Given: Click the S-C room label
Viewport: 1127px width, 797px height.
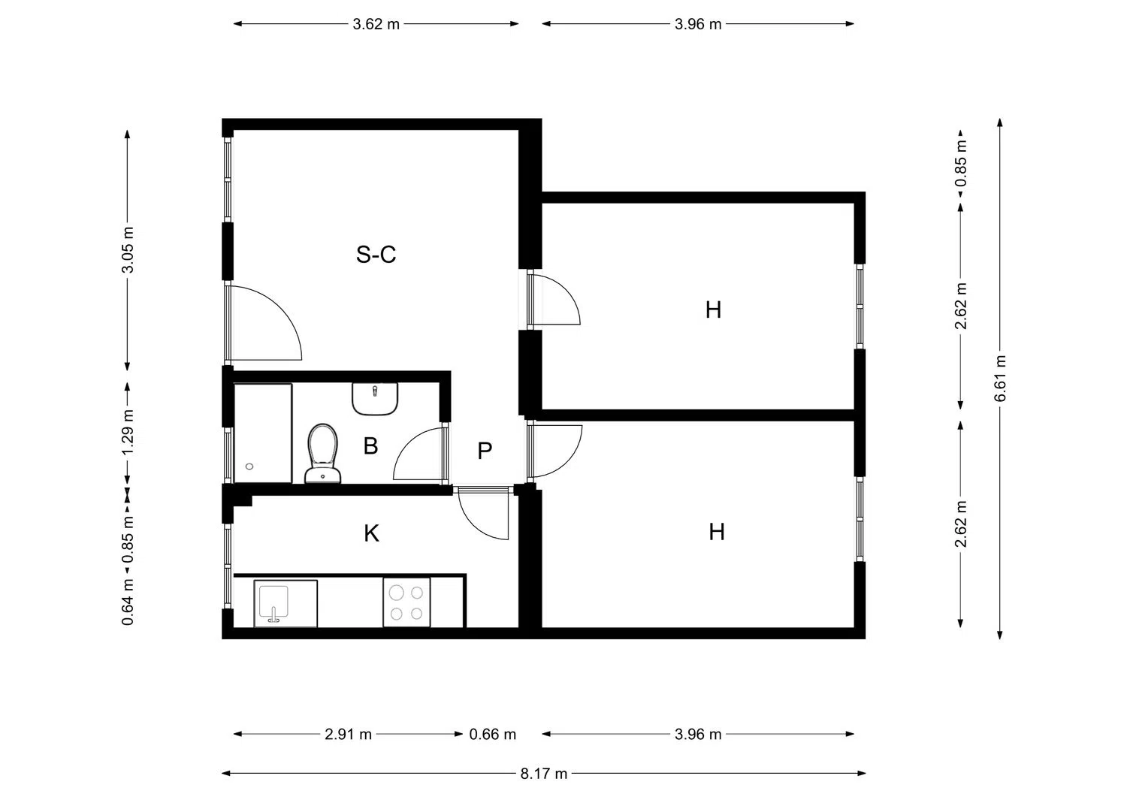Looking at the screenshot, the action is (376, 255).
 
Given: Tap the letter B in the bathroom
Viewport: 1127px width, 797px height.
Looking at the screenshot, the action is (370, 445).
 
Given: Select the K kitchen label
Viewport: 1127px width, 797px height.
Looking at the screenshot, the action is (371, 533).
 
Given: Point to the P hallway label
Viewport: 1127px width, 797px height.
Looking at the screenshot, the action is (485, 451).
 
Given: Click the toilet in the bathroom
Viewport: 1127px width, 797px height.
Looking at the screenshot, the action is (322, 454).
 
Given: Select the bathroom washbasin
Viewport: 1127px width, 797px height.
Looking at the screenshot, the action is (375, 399).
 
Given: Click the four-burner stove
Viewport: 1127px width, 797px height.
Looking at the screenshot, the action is (406, 602).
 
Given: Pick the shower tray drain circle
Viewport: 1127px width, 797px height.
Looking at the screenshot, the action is (249, 466).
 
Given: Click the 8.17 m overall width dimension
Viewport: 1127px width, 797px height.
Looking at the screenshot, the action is (543, 774).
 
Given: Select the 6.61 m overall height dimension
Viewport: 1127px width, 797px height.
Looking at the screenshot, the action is (1000, 379).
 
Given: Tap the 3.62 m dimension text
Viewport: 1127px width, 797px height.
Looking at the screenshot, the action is (376, 24).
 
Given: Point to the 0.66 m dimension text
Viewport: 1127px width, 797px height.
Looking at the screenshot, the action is (493, 734).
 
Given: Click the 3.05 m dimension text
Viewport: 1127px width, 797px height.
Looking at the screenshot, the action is (128, 250).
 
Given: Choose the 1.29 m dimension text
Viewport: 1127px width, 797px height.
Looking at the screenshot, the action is (128, 432).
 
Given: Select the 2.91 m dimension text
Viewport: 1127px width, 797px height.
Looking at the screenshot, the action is (348, 734).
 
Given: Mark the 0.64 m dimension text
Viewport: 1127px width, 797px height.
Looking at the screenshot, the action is (128, 602).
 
